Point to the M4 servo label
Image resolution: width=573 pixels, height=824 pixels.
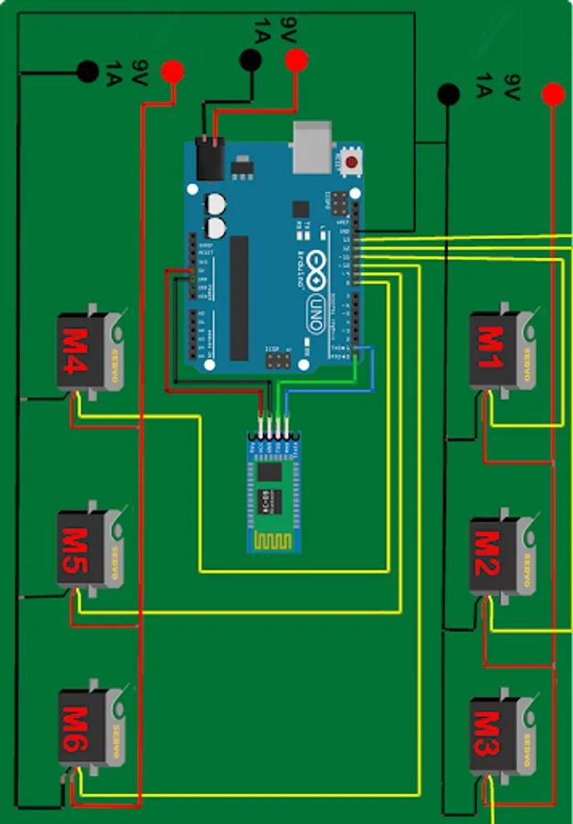click(75, 352)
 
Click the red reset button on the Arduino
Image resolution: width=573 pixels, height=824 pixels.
click(351, 163)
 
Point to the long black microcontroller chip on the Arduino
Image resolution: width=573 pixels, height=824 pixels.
click(239, 298)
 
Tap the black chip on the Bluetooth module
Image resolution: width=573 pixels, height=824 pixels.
click(269, 473)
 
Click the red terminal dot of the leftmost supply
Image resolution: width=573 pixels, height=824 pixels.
click(171, 70)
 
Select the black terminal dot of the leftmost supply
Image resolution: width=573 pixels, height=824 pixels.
click(88, 70)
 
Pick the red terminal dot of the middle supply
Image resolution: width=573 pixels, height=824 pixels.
click(296, 60)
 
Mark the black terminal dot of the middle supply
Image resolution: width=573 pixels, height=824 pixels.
click(249, 60)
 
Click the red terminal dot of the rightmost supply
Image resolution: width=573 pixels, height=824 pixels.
click(552, 93)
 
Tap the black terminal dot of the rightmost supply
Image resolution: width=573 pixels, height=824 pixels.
click(448, 93)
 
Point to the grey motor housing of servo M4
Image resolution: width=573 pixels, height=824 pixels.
click(114, 352)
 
